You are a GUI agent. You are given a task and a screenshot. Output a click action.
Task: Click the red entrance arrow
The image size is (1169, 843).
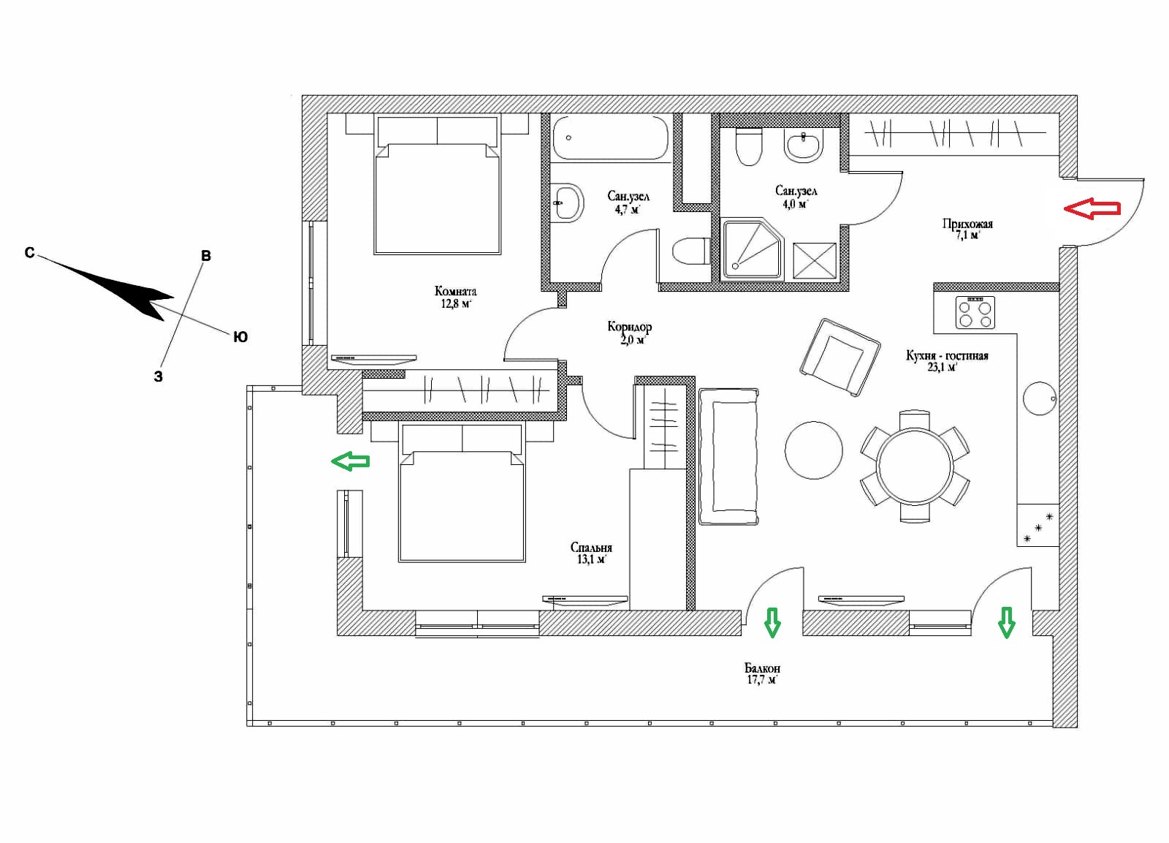pyautogui.click(x=1092, y=209)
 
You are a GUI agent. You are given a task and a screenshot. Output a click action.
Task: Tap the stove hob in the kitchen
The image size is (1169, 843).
pyautogui.click(x=975, y=312)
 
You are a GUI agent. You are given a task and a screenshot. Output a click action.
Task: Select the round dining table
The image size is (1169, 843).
pyautogui.click(x=915, y=466)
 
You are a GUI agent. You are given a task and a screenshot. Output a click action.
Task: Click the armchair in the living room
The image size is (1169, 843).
pyautogui.click(x=840, y=358)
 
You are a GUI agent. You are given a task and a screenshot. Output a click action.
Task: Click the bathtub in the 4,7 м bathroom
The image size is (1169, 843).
pyautogui.click(x=611, y=137)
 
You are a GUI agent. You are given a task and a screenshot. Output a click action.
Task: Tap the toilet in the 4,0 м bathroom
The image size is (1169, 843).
pyautogui.click(x=750, y=146)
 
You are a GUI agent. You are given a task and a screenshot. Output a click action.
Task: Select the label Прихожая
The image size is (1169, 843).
pyautogui.click(x=967, y=224)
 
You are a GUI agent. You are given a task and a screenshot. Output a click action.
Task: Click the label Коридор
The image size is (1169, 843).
pyautogui.click(x=629, y=327)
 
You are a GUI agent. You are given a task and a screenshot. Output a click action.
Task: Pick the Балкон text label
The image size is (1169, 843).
pyautogui.click(x=762, y=668)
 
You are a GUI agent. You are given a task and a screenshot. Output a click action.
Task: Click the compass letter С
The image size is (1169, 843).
pyautogui.click(x=29, y=253)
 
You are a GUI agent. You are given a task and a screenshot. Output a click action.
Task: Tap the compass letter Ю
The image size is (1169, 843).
pyautogui.click(x=240, y=337)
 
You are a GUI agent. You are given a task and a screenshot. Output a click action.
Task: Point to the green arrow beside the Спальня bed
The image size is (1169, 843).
pyautogui.click(x=351, y=461)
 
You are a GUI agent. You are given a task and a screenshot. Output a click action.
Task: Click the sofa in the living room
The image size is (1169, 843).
pyautogui.click(x=728, y=456)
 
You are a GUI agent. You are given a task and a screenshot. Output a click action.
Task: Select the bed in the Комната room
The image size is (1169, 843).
pyautogui.click(x=437, y=186)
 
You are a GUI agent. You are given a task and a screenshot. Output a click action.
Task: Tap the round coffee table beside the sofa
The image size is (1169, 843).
pyautogui.click(x=814, y=450)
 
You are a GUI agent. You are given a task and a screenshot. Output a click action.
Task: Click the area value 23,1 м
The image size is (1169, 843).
pyautogui.click(x=942, y=366)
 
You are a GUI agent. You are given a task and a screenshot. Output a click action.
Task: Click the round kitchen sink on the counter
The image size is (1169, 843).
pyautogui.click(x=1040, y=398)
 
